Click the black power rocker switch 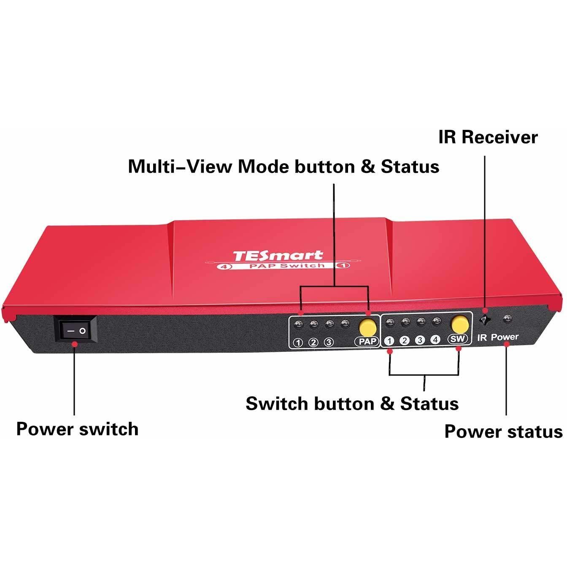(76, 329)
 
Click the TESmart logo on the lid (278, 255)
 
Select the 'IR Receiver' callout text (488, 137)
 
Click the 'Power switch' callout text (77, 429)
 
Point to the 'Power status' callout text (503, 432)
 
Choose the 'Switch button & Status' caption (352, 403)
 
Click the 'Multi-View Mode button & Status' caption (283, 167)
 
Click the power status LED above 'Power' (507, 319)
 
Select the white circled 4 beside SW (435, 340)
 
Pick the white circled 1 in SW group (389, 341)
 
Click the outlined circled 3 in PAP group (329, 342)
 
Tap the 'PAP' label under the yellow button (367, 341)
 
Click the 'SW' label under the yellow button (457, 339)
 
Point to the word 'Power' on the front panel (504, 337)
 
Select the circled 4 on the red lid (224, 267)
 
